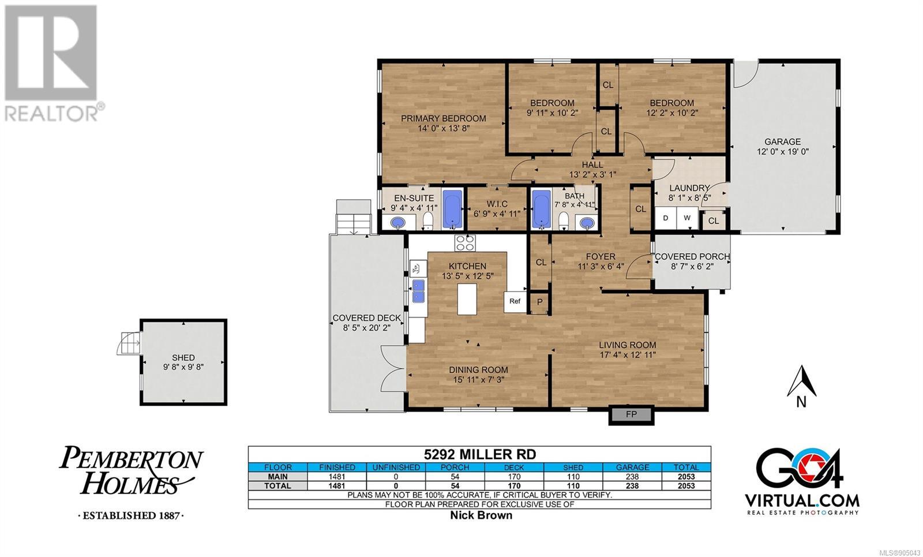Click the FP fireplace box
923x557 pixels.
(x=631, y=415)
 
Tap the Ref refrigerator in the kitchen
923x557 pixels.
(x=515, y=302)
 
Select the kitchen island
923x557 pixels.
(x=467, y=299)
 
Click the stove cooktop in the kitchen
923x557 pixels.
(x=465, y=243)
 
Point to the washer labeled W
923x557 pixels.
(x=687, y=218)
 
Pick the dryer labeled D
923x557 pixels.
(x=666, y=218)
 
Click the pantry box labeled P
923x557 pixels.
(x=540, y=302)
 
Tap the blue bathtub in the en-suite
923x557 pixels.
(x=452, y=210)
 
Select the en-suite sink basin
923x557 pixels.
(x=398, y=223)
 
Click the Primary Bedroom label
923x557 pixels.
(x=444, y=119)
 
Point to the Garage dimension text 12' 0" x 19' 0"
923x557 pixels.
(x=782, y=152)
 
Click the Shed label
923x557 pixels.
(x=183, y=358)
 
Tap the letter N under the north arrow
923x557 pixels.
(x=801, y=402)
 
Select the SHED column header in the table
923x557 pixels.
(x=573, y=468)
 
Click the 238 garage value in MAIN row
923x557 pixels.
(x=632, y=477)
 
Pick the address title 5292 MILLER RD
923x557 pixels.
(x=480, y=454)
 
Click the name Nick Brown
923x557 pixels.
(x=481, y=515)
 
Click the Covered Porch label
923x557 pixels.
(x=692, y=257)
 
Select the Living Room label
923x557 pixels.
(x=628, y=345)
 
